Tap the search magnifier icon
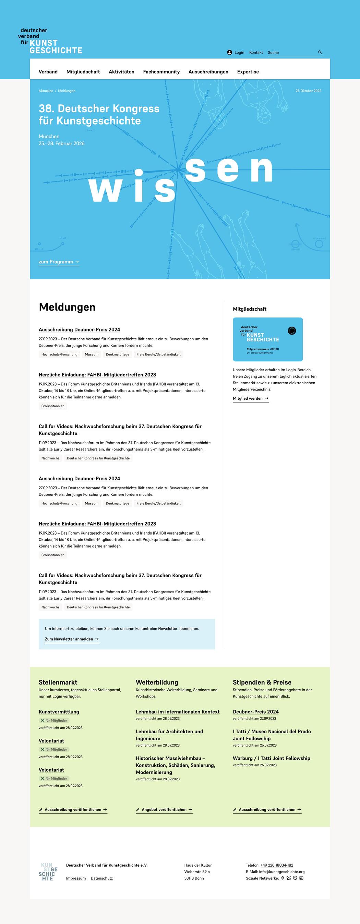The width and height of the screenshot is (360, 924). [320, 52]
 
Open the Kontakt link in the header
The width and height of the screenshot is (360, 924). [256, 52]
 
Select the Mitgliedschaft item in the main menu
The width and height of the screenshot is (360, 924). [83, 72]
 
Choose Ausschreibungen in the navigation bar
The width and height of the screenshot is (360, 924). [208, 72]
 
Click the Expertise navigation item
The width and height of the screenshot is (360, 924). [248, 72]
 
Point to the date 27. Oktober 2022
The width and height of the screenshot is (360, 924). [308, 91]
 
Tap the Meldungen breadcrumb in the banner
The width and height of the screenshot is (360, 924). [67, 91]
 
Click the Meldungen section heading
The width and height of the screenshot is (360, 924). [67, 307]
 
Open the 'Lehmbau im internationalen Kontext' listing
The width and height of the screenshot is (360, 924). [178, 712]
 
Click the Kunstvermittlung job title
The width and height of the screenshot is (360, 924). [59, 712]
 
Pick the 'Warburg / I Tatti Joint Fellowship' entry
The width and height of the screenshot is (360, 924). [272, 758]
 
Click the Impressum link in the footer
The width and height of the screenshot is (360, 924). [76, 878]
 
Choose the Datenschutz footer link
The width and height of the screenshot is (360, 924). [102, 878]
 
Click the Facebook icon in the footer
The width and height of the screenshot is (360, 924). [283, 878]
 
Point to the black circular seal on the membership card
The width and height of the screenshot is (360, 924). [292, 331]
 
